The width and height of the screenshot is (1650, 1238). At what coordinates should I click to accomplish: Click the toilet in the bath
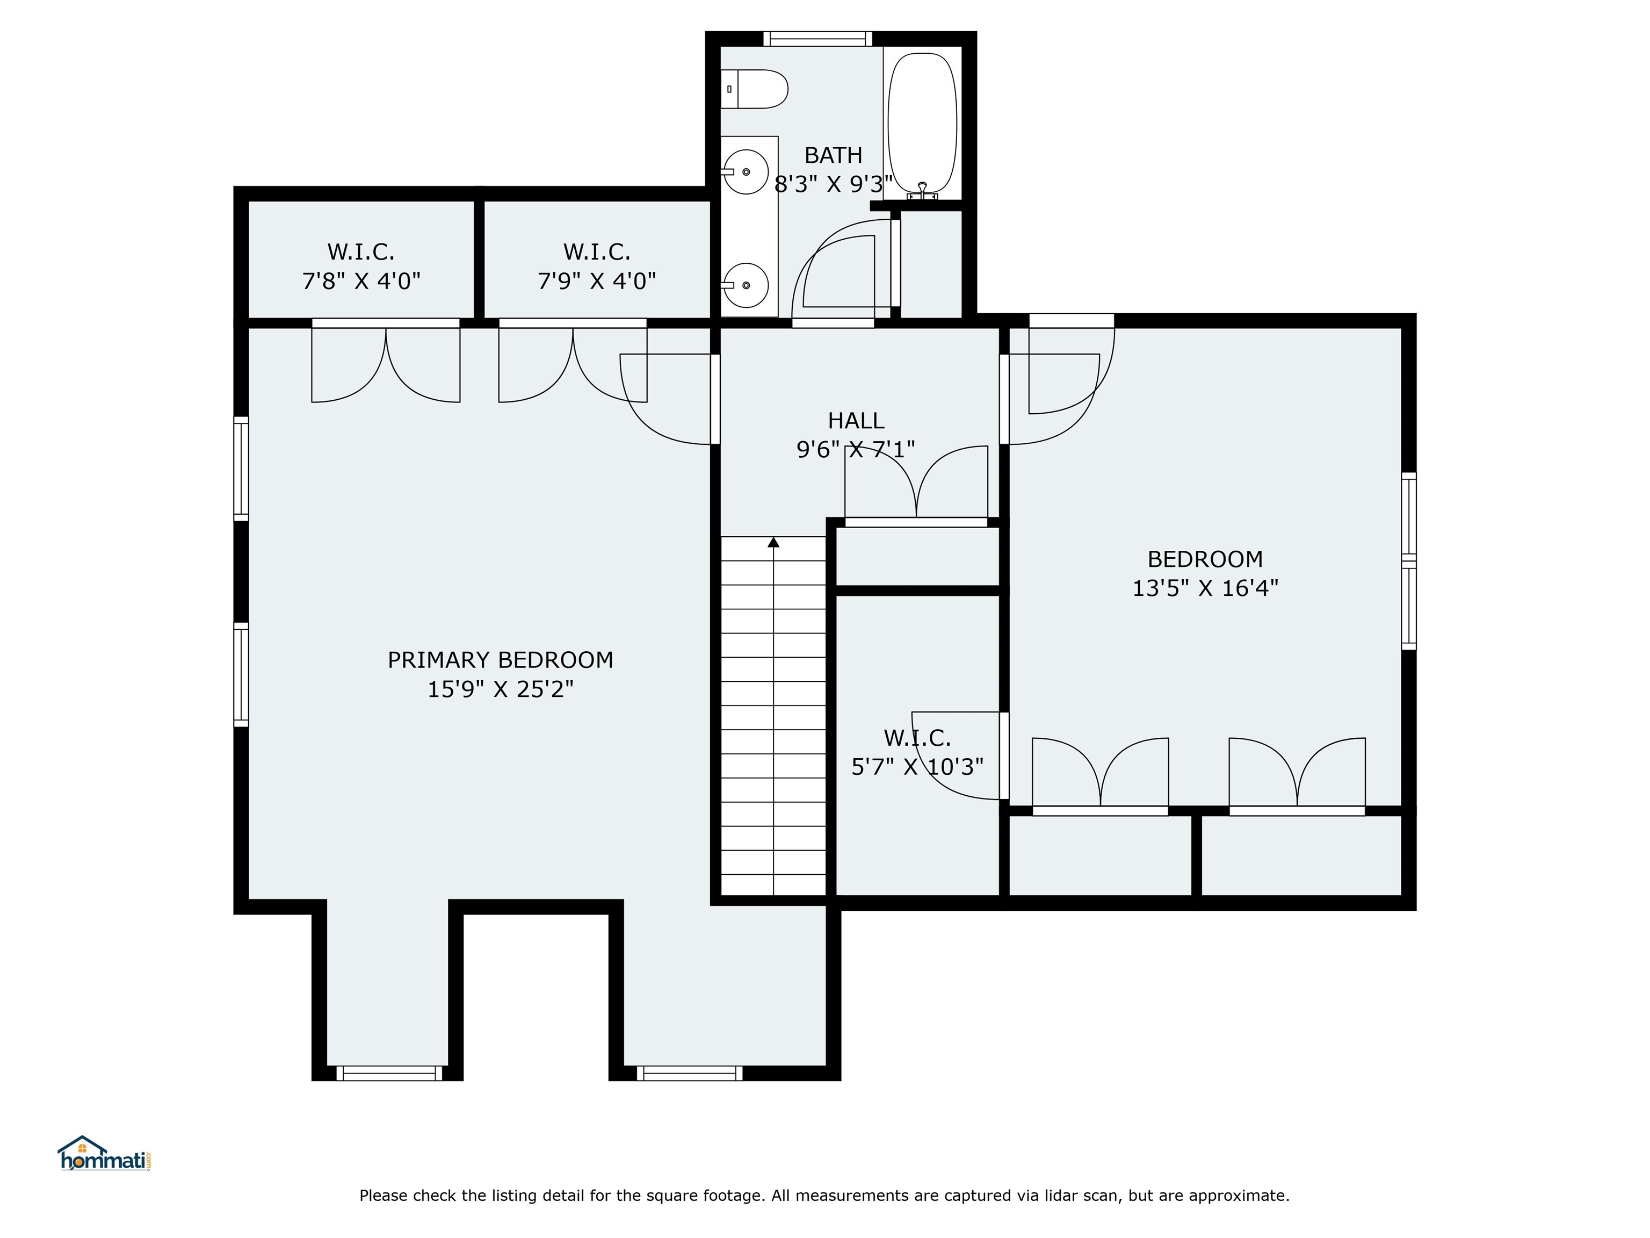(754, 89)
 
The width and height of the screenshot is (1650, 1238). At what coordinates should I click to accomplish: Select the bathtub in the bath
(922, 123)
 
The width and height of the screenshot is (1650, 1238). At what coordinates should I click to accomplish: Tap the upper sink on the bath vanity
(746, 171)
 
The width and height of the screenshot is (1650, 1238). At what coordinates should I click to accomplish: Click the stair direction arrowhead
(773, 543)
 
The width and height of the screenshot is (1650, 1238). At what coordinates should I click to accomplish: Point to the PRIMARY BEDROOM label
(501, 660)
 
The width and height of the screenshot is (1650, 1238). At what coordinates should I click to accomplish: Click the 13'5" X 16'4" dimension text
(1205, 588)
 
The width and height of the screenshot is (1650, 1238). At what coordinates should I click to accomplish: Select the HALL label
(856, 421)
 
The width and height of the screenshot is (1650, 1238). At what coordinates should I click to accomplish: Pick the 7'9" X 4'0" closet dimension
(597, 282)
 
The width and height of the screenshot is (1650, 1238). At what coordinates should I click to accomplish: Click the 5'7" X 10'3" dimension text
(917, 766)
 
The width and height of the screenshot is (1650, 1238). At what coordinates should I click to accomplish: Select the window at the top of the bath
(817, 39)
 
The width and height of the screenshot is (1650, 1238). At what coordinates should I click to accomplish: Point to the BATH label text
(833, 155)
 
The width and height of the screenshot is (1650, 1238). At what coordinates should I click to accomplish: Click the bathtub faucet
(923, 191)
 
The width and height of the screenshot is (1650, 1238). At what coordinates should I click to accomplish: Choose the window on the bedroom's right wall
(1408, 560)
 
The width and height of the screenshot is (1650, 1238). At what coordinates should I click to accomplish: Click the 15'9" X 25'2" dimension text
(501, 689)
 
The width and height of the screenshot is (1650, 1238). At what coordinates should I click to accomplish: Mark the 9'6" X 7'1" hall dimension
(856, 449)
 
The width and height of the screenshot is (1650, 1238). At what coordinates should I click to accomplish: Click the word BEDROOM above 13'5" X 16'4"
(1205, 559)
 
